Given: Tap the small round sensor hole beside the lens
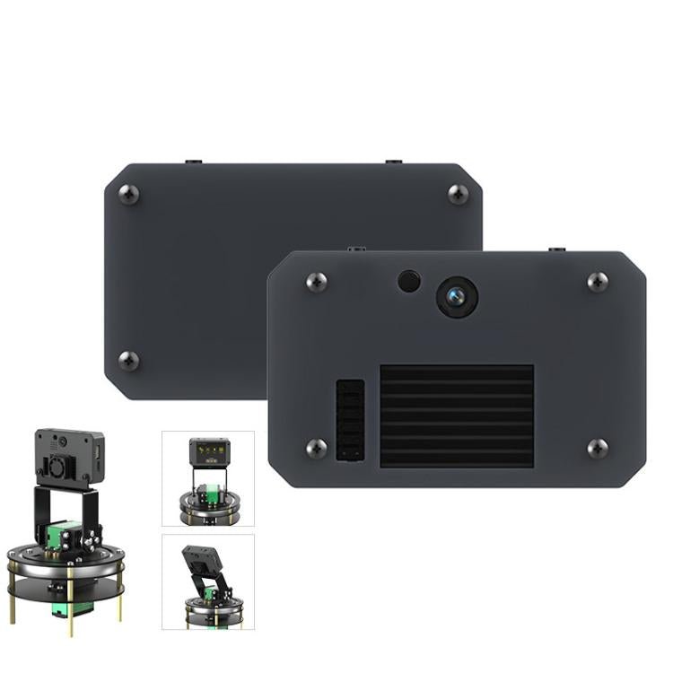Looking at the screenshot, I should (x=409, y=281).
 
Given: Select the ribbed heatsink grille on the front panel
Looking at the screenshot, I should (x=457, y=415).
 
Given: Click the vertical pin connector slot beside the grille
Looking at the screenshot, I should (x=350, y=420).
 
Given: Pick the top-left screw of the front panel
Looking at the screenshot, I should (x=316, y=282).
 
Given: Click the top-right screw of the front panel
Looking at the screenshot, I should (x=598, y=282).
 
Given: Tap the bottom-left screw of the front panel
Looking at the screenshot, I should (x=316, y=448).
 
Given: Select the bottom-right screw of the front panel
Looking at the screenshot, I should (x=598, y=448).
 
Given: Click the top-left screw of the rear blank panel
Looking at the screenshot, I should (x=129, y=194).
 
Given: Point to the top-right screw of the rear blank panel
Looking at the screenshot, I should (x=458, y=194).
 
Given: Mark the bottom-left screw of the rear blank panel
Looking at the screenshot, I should (x=129, y=361).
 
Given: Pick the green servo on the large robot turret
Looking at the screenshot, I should (x=68, y=537).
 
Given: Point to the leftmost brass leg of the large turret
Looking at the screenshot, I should (x=13, y=602).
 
